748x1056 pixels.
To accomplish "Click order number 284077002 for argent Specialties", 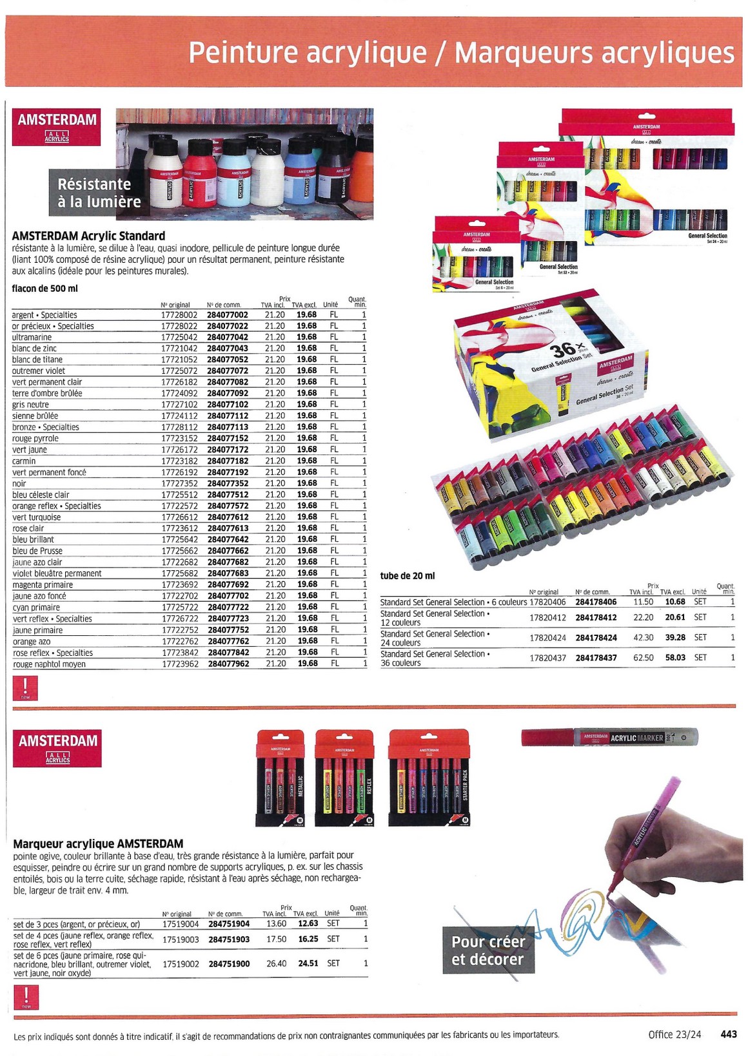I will click(x=227, y=315).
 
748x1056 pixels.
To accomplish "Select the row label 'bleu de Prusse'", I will click(x=37, y=551).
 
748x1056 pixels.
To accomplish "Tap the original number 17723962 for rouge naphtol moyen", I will click(x=179, y=664).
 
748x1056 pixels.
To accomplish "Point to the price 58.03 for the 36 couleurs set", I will click(x=675, y=658).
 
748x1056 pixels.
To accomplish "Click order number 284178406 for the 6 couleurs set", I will click(x=596, y=602).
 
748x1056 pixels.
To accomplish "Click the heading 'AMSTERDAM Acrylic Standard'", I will click(x=88, y=236).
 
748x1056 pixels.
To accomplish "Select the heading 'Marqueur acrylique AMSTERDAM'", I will click(x=98, y=843).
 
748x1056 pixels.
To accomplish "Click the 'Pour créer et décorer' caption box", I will click(x=488, y=950).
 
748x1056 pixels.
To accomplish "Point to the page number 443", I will click(x=728, y=1034).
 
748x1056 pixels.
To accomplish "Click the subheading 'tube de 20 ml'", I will click(x=408, y=575).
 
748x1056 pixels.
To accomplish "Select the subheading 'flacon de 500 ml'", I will click(x=44, y=288).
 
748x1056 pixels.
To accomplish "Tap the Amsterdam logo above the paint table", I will click(x=57, y=126).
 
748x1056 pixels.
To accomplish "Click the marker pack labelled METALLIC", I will click(x=280, y=778).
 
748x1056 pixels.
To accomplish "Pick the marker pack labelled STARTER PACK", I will click(x=429, y=778).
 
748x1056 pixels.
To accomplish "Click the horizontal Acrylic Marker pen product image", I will click(x=609, y=737).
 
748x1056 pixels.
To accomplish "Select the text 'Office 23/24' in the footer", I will click(x=674, y=1034).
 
